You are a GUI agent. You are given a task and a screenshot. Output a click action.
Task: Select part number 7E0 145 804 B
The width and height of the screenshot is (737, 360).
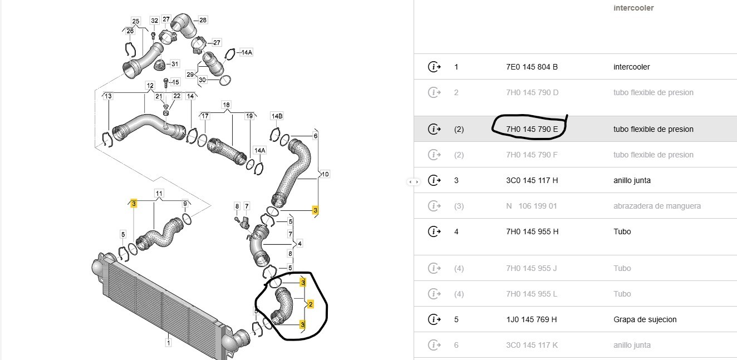tap(532, 67)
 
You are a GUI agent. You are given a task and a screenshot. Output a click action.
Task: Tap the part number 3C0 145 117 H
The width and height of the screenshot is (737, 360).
tap(532, 180)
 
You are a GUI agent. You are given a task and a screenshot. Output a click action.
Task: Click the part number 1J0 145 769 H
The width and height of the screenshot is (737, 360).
tap(532, 319)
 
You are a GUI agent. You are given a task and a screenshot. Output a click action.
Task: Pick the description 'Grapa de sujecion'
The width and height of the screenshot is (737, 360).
tap(645, 319)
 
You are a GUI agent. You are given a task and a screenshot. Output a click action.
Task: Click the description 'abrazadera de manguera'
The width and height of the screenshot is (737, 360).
tap(657, 206)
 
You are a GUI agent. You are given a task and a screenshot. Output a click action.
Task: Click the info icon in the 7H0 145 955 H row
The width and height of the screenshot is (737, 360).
tap(434, 231)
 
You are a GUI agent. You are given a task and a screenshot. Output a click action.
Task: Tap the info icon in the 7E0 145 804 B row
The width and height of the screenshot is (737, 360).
tap(434, 67)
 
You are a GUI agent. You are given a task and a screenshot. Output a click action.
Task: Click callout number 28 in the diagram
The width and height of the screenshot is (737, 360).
tap(203, 20)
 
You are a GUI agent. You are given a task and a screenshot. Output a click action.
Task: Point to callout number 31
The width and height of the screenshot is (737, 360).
tap(175, 63)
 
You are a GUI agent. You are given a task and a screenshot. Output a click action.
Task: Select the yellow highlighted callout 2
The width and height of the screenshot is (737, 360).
tap(310, 304)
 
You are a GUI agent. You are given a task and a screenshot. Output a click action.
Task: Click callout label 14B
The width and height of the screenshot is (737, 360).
tap(277, 116)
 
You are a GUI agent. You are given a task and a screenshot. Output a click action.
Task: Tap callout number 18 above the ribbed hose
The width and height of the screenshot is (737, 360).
tap(226, 105)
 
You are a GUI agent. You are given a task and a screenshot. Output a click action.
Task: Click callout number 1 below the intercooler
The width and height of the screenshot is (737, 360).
tap(168, 343)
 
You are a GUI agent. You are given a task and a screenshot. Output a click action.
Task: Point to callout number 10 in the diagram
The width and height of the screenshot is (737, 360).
tap(325, 174)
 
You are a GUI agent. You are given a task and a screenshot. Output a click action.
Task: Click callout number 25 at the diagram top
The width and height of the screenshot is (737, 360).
tap(136, 21)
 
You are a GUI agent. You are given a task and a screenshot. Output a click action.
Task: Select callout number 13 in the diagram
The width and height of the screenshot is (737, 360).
tap(108, 96)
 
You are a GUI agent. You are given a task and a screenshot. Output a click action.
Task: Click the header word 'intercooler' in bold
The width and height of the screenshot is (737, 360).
tap(633, 8)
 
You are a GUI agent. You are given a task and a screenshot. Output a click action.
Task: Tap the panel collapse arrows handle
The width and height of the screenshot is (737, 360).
tap(413, 181)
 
